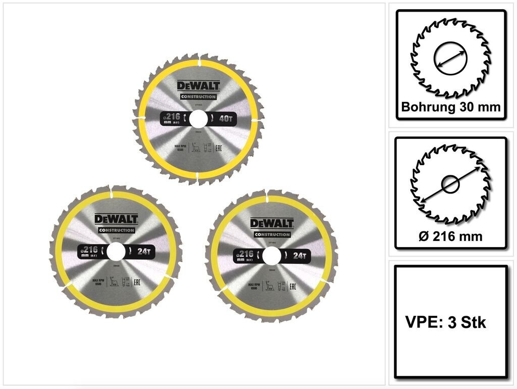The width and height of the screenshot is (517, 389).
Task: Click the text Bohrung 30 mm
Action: coord(450,107)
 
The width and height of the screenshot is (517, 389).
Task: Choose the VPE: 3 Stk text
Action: coord(446,322)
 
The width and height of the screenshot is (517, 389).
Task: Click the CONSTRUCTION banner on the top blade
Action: coord(198,97)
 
